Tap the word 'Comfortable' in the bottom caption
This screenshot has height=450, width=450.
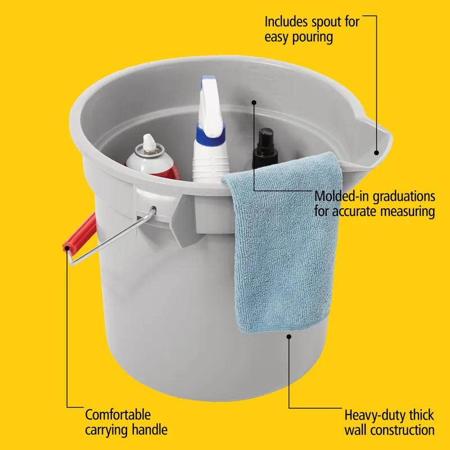tap(118, 416)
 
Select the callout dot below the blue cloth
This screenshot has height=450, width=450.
tap(289, 336)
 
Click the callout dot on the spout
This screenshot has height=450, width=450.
tap(376, 152)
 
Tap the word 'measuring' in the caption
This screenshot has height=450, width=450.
tap(406, 212)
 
